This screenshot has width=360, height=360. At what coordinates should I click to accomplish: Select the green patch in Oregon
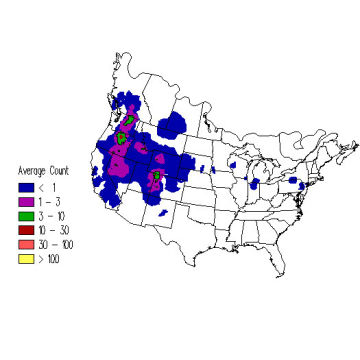pos(121,139)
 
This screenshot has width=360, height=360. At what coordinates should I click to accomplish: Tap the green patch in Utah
pos(157,178)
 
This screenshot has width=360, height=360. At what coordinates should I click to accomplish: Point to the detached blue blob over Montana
pos(178,126)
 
